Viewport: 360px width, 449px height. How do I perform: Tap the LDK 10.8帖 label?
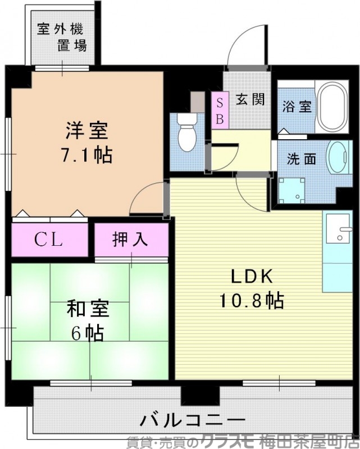(250, 288)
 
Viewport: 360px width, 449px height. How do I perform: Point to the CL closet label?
(49, 240)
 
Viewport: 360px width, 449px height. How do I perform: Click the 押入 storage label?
(130, 240)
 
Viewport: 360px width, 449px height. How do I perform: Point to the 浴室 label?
(297, 107)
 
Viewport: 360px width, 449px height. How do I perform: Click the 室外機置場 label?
(62, 37)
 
